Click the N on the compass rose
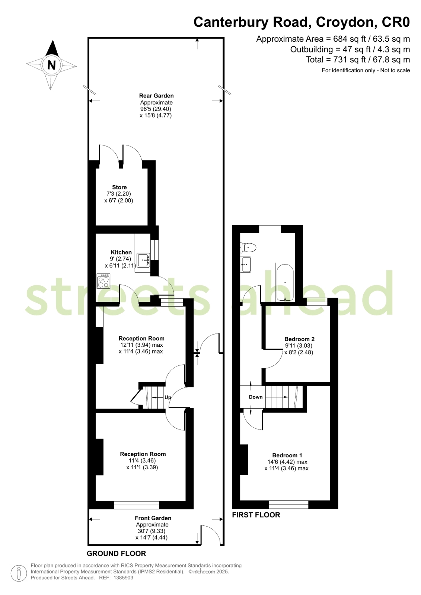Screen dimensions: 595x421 (51, 65)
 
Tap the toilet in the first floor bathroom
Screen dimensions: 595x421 (249, 247)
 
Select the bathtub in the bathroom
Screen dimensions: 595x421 (285, 282)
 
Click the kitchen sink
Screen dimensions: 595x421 (143, 260)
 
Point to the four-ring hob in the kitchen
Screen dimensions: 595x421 (103, 281)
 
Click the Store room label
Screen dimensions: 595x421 (119, 187)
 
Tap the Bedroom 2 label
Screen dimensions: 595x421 (299, 339)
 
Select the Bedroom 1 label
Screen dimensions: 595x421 (287, 455)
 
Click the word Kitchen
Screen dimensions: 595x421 (121, 252)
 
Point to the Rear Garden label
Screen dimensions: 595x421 (156, 96)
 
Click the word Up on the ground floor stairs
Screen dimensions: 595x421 (168, 397)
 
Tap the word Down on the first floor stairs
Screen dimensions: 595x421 (256, 397)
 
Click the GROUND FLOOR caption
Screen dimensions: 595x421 (116, 553)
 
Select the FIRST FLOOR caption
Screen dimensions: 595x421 (256, 515)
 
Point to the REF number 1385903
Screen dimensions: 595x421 (123, 578)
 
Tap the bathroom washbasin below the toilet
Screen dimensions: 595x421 (246, 265)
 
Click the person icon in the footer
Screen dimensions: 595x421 (18, 573)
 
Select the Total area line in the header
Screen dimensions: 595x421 (358, 60)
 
